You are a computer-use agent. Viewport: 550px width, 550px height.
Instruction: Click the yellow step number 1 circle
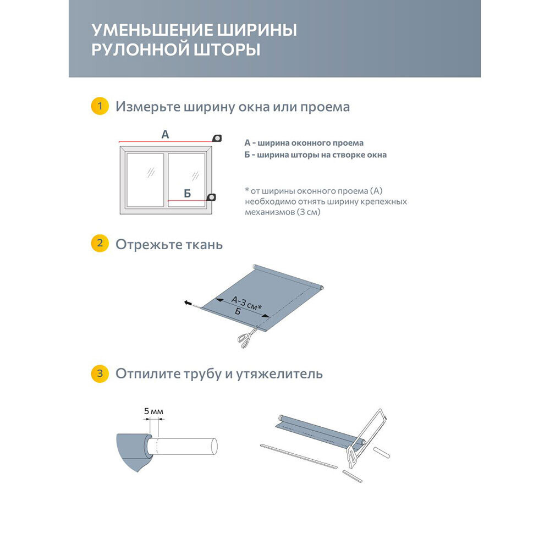(99, 106)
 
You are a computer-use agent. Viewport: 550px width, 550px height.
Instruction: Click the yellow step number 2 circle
(99, 244)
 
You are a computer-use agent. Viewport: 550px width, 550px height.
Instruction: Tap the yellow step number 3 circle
(99, 374)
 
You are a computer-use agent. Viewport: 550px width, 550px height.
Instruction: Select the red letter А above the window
(165, 134)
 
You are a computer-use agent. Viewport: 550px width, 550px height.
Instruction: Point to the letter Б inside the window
(187, 193)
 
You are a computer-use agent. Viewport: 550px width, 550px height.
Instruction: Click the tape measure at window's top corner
(217, 137)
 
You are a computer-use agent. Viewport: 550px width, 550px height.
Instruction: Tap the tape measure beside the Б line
(211, 197)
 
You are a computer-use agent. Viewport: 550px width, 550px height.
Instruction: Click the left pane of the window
(145, 180)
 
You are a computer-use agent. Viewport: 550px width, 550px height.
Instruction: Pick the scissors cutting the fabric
(247, 336)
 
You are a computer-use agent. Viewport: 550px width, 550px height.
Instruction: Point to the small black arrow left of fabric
(188, 302)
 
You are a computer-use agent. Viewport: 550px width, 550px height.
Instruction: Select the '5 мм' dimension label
(153, 411)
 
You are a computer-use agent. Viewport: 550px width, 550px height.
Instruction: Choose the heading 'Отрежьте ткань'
(169, 244)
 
